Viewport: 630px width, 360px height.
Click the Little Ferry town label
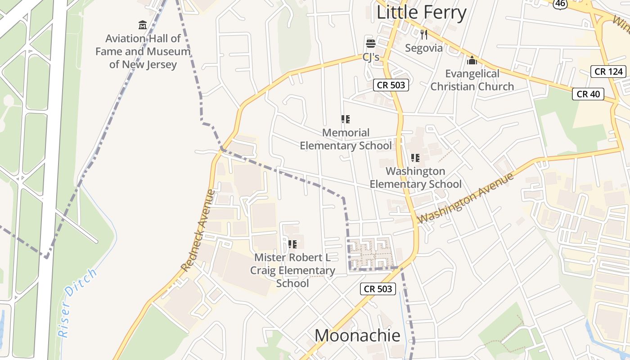click(x=421, y=13)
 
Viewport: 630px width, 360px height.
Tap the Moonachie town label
click(x=357, y=336)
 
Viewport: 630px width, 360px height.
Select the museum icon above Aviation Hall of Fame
click(x=143, y=25)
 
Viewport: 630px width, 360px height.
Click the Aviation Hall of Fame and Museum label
click(x=143, y=51)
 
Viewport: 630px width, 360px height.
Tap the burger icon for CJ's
click(x=371, y=44)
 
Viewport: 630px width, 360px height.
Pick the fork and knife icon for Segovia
click(x=424, y=35)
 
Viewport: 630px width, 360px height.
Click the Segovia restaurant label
click(x=424, y=48)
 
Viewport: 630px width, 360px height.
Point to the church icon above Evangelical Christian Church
click(x=472, y=60)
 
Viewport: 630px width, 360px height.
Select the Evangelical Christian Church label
click(x=472, y=80)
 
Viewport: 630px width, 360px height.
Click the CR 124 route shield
click(x=608, y=71)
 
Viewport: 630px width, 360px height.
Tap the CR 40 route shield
click(x=588, y=94)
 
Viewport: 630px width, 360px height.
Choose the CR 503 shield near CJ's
click(x=391, y=85)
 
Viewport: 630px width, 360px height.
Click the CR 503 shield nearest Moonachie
click(x=378, y=289)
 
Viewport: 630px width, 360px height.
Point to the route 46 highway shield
click(x=559, y=3)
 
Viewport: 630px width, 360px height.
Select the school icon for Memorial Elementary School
click(x=346, y=119)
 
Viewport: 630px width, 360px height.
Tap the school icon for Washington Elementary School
click(x=415, y=158)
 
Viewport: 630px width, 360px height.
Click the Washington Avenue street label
click(x=466, y=198)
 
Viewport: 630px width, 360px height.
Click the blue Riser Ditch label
click(x=77, y=303)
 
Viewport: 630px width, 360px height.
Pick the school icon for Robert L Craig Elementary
click(x=292, y=244)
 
